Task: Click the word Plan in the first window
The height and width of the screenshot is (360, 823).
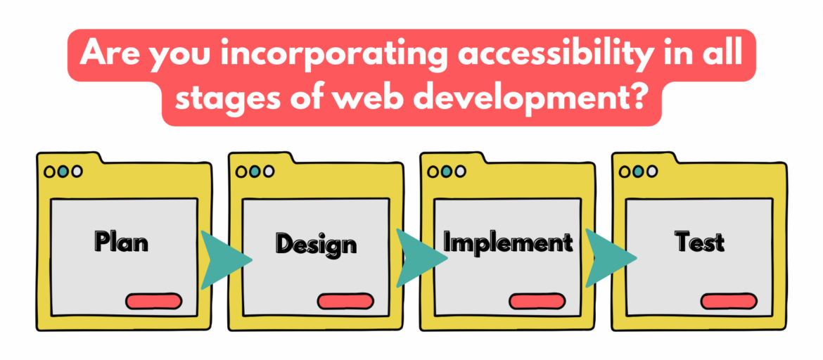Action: click(x=122, y=241)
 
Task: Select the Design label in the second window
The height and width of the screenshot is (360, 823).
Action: click(x=316, y=243)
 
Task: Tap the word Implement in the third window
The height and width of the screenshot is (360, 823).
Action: click(x=507, y=242)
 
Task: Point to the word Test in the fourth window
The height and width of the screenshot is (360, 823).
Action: click(x=699, y=241)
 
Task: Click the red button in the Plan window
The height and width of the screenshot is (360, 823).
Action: click(x=153, y=301)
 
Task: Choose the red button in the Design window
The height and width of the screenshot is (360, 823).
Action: click(x=345, y=301)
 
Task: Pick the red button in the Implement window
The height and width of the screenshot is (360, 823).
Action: click(x=537, y=301)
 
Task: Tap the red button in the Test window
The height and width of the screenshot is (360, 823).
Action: click(x=729, y=301)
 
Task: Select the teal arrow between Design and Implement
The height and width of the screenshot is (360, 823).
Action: click(x=418, y=259)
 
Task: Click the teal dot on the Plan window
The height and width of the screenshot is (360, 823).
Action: click(x=63, y=171)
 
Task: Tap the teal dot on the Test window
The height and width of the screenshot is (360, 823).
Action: click(x=639, y=171)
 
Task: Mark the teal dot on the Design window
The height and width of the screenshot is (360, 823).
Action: click(x=255, y=171)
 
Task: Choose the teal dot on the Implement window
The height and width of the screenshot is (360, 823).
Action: click(x=447, y=171)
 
